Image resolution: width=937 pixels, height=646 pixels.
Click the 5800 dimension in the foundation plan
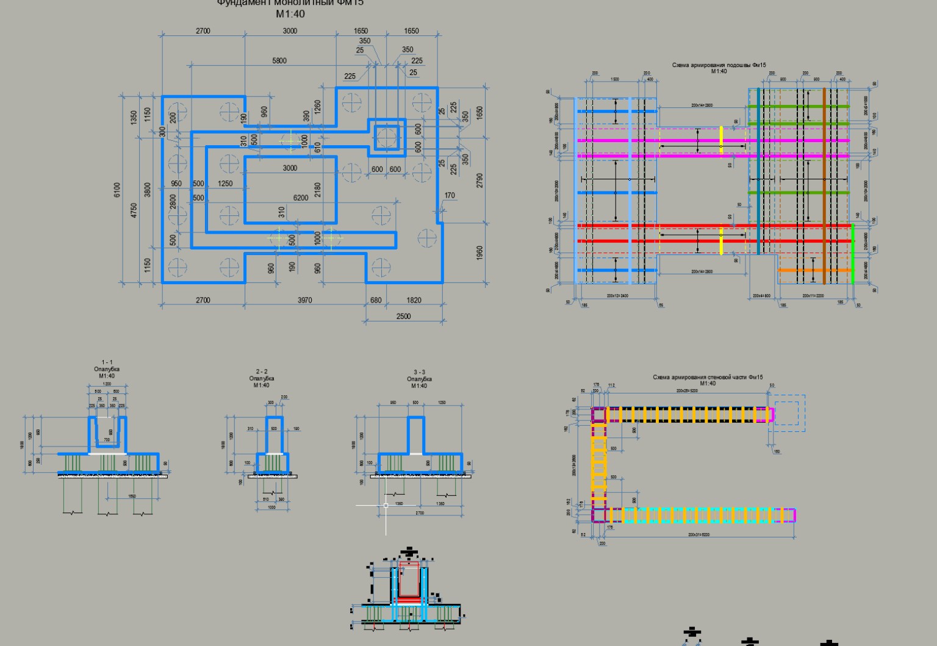pyautogui.click(x=279, y=60)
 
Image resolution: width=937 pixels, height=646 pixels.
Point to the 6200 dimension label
pyautogui.click(x=301, y=198)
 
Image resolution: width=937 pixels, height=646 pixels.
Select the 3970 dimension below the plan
pyautogui.click(x=304, y=300)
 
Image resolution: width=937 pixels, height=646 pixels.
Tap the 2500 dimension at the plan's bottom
pyautogui.click(x=403, y=316)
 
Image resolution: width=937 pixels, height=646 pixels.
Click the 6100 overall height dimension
pyautogui.click(x=117, y=190)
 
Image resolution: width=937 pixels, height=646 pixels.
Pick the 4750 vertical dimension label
pyautogui.click(x=134, y=210)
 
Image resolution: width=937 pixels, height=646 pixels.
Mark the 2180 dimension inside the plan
pyautogui.click(x=317, y=190)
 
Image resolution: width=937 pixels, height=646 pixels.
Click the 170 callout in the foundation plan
pyautogui.click(x=450, y=196)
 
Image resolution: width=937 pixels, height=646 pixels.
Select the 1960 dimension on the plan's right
pyautogui.click(x=479, y=253)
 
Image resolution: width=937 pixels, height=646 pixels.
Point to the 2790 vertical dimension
pyautogui.click(x=479, y=181)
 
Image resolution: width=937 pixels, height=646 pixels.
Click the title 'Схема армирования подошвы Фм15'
pyautogui.click(x=719, y=65)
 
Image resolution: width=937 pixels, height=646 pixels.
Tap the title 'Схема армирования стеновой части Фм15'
pyautogui.click(x=708, y=377)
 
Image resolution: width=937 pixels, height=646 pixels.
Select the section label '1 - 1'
pyautogui.click(x=107, y=362)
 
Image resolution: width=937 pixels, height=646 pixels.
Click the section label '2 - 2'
pyautogui.click(x=261, y=371)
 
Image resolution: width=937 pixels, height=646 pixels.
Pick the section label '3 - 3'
pyautogui.click(x=419, y=372)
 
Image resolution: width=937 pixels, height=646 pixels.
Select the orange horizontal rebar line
pyautogui.click(x=814, y=270)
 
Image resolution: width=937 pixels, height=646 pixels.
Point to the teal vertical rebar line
pyautogui.click(x=758, y=171)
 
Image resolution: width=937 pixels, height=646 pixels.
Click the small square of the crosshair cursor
pyautogui.click(x=386, y=505)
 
